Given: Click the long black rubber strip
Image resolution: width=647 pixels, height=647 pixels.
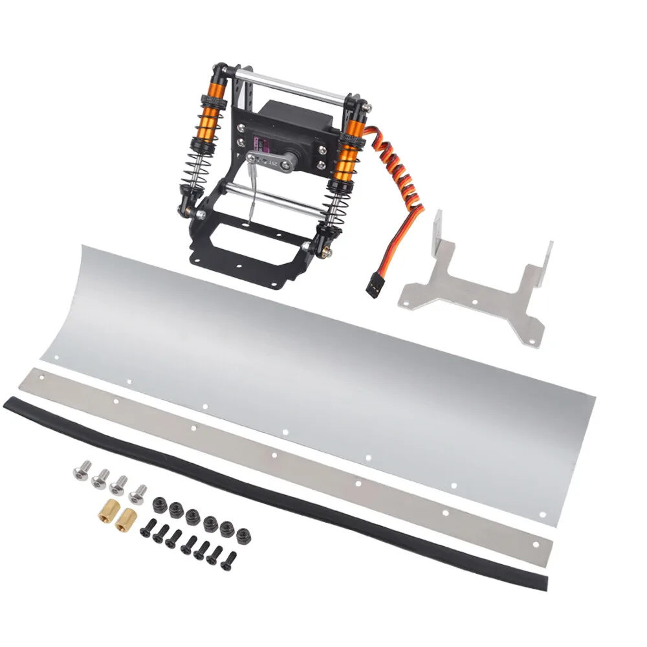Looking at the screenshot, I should coord(272,479).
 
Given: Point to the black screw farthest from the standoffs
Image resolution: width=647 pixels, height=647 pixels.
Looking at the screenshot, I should coord(228,560).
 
